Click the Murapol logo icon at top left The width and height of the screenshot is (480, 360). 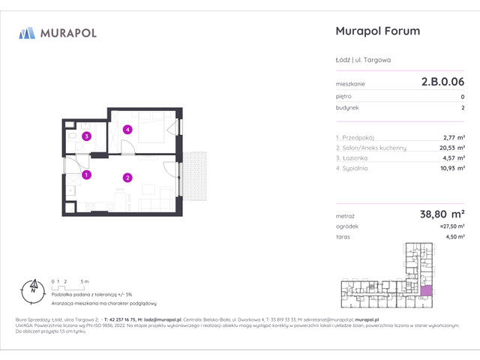[27, 32]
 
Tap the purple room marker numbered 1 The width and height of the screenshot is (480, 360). [87, 175]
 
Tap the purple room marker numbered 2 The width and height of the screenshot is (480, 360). [128, 178]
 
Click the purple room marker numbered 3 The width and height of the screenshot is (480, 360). [87, 136]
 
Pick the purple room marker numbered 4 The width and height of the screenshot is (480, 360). [128, 130]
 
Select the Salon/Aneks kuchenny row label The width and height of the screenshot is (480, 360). [371, 148]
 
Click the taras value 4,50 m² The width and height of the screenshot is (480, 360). [453, 237]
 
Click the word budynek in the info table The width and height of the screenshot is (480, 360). [348, 107]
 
